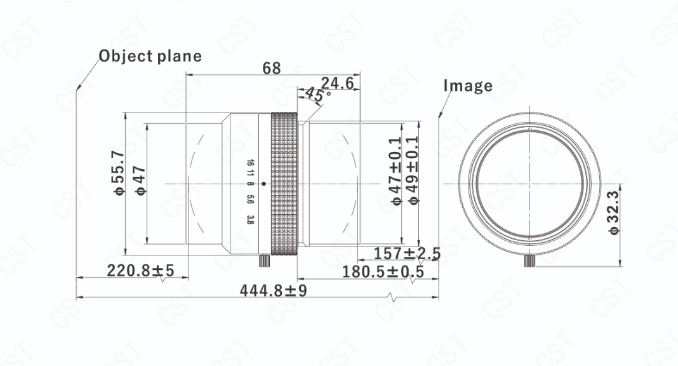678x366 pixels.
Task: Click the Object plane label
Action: click(150, 57)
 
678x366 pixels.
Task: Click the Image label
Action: click(468, 86)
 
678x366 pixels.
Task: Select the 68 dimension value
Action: click(272, 68)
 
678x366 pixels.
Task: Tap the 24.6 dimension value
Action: click(337, 83)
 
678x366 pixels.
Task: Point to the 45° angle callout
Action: click(318, 94)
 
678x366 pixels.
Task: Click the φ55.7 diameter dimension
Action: click(119, 172)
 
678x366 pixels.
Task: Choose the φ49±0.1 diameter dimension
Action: click(412, 170)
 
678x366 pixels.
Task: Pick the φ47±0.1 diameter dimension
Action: click(395, 170)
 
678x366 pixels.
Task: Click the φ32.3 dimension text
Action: click(614, 212)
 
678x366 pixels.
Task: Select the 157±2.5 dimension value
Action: click(406, 253)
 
